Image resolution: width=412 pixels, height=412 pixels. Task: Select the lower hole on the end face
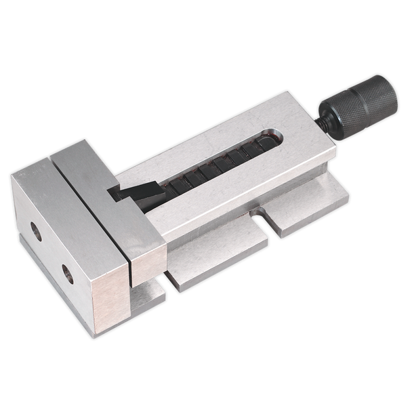tap(68, 274)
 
